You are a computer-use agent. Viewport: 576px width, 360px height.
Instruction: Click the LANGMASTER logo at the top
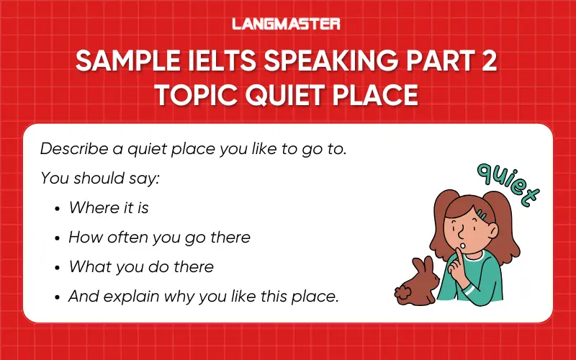[x=287, y=24]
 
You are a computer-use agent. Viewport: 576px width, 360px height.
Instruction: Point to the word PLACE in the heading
[x=378, y=94]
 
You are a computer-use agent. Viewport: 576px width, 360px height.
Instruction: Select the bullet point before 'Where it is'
[x=58, y=208]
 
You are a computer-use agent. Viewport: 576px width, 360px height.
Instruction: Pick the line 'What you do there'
[x=141, y=266]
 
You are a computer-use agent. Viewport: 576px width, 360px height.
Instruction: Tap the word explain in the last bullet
[x=130, y=296]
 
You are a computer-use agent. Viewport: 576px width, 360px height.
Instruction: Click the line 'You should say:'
[x=99, y=177]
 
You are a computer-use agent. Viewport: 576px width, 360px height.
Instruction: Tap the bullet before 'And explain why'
[x=58, y=296]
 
